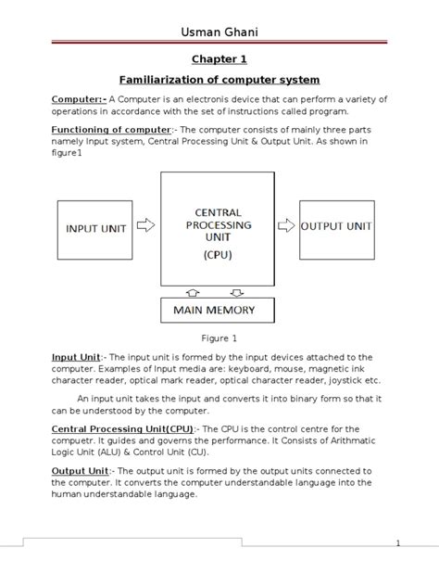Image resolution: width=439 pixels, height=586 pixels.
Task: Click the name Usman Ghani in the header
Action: (219, 33)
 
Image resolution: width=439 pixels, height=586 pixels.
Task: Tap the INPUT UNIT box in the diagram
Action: (94, 227)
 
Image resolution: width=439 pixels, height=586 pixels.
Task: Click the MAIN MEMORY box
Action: (214, 310)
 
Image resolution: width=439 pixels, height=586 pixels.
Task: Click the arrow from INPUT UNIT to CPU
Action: (145, 225)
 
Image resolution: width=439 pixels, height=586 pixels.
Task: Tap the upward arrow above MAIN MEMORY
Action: (193, 291)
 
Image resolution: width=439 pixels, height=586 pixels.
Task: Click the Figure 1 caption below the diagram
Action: (219, 338)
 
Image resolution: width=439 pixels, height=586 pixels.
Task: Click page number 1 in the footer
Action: (396, 544)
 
